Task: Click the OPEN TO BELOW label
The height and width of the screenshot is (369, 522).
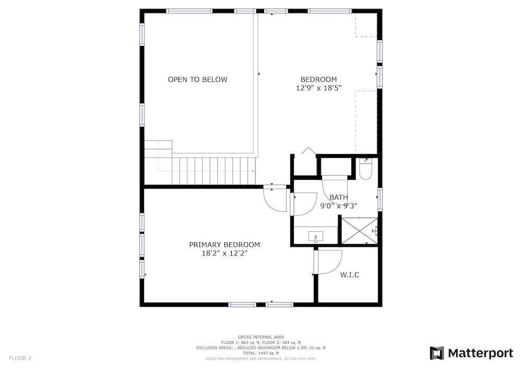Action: click(x=197, y=79)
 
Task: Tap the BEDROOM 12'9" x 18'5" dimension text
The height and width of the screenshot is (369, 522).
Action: click(x=319, y=88)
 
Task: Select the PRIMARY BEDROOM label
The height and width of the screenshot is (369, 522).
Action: click(x=224, y=245)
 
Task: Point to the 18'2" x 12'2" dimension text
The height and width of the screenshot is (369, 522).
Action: click(x=224, y=253)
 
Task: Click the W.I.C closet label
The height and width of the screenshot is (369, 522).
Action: click(x=350, y=275)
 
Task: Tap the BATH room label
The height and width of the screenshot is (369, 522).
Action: click(x=339, y=197)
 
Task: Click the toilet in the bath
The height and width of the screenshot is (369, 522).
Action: click(x=365, y=169)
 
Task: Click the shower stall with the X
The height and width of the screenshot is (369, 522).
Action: click(x=360, y=231)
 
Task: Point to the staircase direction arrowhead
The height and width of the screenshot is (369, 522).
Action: click(x=253, y=171)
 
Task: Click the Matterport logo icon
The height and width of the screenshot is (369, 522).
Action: click(x=437, y=353)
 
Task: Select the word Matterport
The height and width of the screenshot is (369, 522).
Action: click(x=480, y=353)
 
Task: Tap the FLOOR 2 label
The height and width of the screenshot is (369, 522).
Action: click(x=20, y=358)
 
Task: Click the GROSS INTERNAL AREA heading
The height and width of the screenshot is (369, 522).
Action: click(x=261, y=337)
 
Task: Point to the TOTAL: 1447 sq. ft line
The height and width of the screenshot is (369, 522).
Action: click(x=261, y=353)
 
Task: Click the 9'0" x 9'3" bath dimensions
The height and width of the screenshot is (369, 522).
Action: click(x=339, y=206)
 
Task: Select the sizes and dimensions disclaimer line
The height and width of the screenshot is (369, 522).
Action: click(x=261, y=359)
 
